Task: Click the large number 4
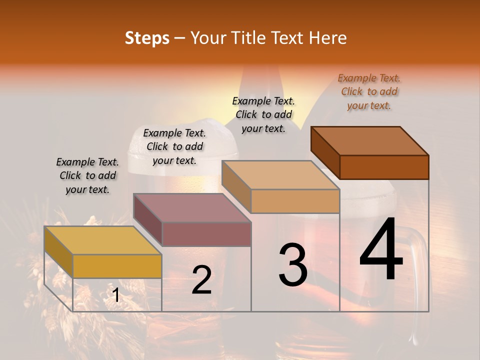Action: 381,250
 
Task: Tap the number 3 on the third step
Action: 292,265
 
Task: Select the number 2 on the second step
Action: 201,279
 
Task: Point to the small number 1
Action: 115,295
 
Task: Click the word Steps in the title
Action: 147,38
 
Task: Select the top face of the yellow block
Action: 102,240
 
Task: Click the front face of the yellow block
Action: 117,266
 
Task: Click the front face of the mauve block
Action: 206,234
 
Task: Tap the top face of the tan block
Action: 280,175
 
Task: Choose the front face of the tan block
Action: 295,201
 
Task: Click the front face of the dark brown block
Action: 384,167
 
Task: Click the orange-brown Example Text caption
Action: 369,92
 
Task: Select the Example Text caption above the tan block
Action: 263,114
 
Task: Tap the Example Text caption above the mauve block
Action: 174,146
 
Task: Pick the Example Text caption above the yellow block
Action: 87,175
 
